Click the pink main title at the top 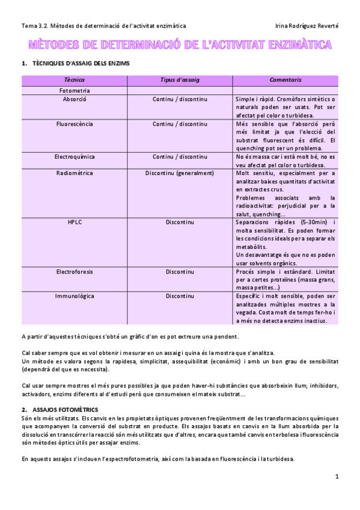180,45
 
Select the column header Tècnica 74,80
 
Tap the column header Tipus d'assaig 180,80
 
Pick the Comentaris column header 285,80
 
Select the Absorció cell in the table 75,99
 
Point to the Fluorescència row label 75,124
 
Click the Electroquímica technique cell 75,157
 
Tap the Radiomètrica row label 75,173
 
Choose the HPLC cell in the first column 75,223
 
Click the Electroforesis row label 75,272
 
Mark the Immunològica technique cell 75,296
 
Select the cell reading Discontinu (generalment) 180,173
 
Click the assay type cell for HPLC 180,223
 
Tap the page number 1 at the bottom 337,476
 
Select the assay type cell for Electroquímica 180,157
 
